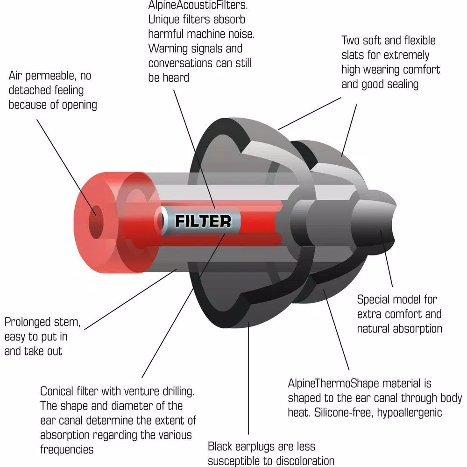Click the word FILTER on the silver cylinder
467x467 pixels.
(203, 221)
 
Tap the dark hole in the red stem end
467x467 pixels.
(96, 222)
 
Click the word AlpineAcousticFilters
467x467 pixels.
(198, 5)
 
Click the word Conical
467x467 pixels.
(57, 391)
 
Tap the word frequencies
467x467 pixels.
(67, 449)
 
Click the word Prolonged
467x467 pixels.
(27, 322)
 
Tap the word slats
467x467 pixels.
(352, 55)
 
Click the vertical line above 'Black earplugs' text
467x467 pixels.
(248, 378)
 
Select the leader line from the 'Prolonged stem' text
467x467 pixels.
(131, 299)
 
